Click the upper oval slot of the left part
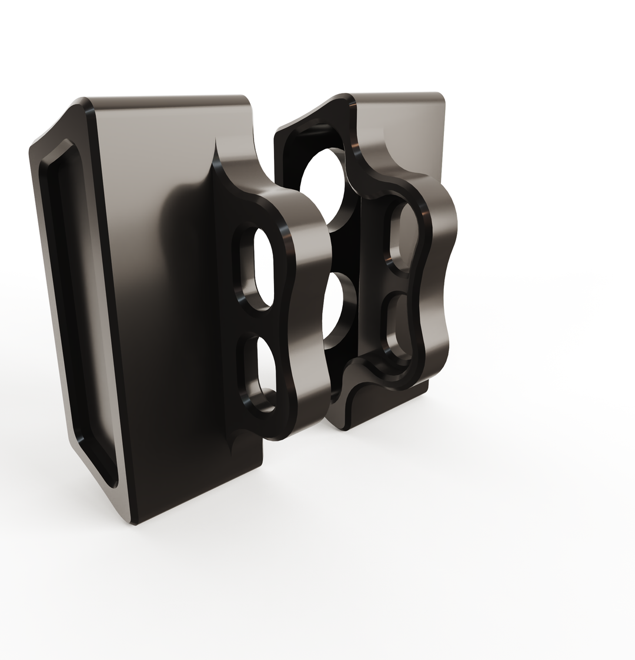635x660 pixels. coord(265,268)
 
